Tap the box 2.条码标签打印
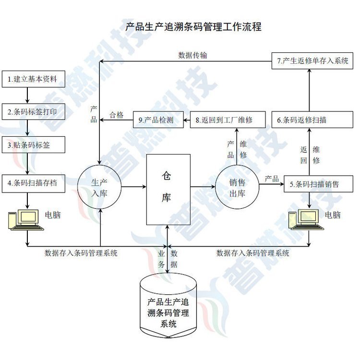point(33,112)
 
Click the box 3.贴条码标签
point(33,145)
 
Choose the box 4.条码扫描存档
point(33,183)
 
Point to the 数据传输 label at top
point(193,55)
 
